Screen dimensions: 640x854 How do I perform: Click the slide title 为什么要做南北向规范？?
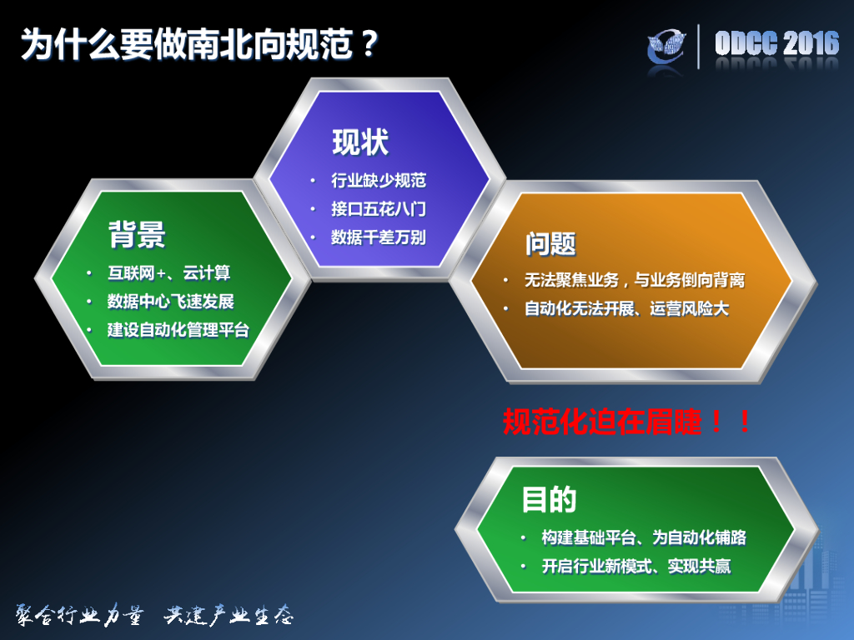pyautogui.click(x=201, y=43)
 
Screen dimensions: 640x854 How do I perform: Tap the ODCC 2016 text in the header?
pyautogui.click(x=776, y=43)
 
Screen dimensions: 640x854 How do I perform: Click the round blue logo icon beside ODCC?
pyautogui.click(x=670, y=45)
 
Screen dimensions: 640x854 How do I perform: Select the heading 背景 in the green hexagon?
pyautogui.click(x=137, y=235)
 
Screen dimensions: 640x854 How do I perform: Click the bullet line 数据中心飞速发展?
pyautogui.click(x=171, y=302)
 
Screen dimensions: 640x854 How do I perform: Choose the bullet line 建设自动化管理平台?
pyautogui.click(x=178, y=330)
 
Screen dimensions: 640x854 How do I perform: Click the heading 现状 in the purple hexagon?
pyautogui.click(x=360, y=142)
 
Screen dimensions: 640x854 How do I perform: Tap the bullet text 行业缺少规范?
pyautogui.click(x=378, y=181)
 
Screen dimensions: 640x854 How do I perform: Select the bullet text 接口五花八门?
pyautogui.click(x=378, y=209)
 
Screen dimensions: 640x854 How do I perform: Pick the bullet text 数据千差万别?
pyautogui.click(x=378, y=237)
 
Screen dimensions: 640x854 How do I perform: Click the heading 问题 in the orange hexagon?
pyautogui.click(x=550, y=243)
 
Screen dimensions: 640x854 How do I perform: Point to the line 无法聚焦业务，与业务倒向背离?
pyautogui.click(x=634, y=281)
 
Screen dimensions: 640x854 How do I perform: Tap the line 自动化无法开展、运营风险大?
pyautogui.click(x=626, y=309)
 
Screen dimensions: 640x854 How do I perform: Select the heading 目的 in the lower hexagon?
pyautogui.click(x=549, y=500)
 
